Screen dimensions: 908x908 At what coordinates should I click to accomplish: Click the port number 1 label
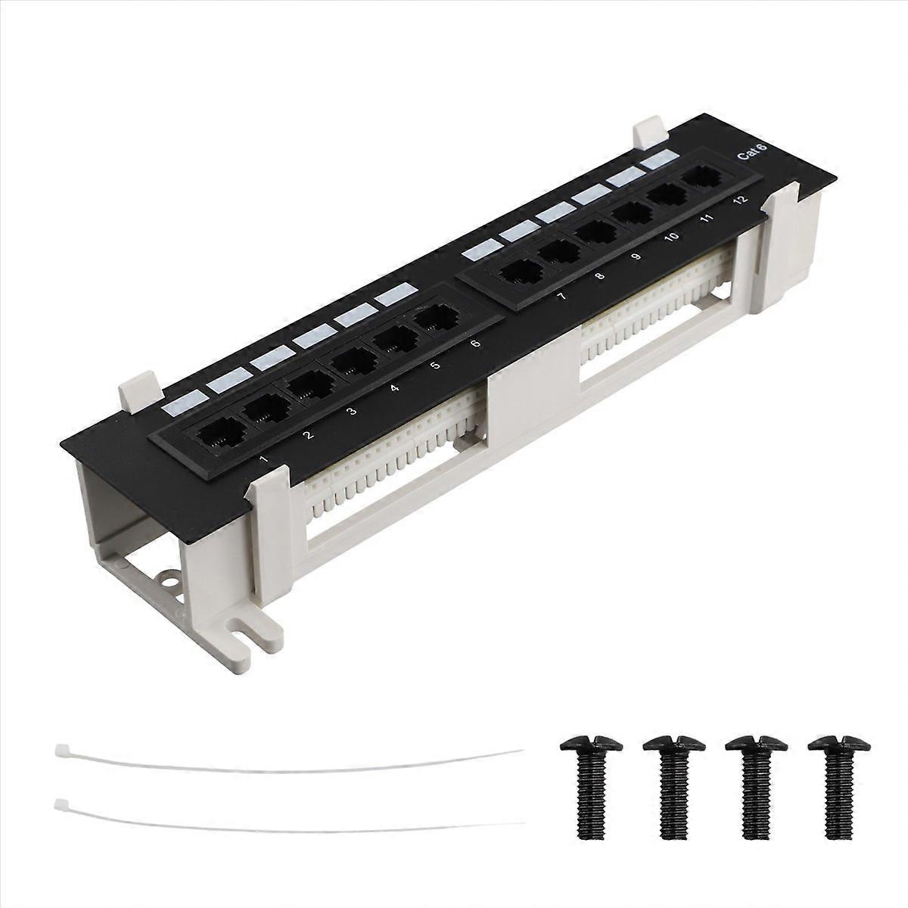[263, 459]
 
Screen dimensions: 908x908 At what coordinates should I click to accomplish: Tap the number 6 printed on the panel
[475, 344]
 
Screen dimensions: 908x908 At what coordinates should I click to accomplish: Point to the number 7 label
[561, 297]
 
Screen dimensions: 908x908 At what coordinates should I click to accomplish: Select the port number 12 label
[739, 200]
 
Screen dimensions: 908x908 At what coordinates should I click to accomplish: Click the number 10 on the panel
[670, 237]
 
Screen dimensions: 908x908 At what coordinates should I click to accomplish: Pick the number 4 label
[394, 388]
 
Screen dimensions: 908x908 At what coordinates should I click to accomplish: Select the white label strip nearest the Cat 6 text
[656, 159]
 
